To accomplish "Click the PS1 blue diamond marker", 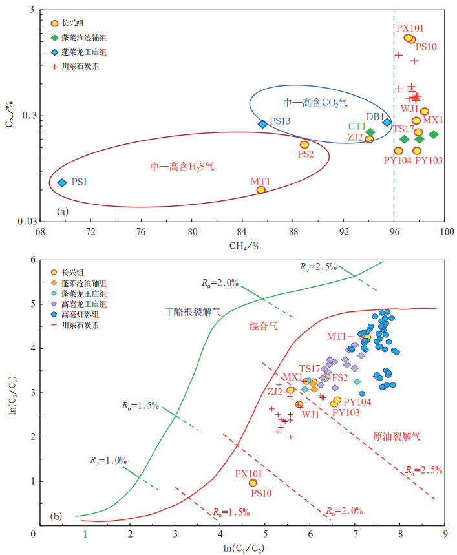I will click(x=62, y=183).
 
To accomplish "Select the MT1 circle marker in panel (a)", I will click(x=260, y=189).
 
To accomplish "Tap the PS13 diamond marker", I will click(x=262, y=124).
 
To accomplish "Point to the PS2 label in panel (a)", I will click(x=305, y=154).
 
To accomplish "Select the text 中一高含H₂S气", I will click(x=182, y=166).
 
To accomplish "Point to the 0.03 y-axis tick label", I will click(x=27, y=222).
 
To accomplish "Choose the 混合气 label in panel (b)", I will click(x=263, y=327).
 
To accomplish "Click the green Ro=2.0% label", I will click(x=219, y=282).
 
